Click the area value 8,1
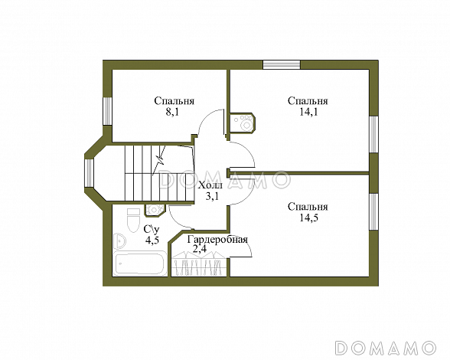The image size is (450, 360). click(x=172, y=112)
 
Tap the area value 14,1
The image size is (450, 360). click(x=308, y=112)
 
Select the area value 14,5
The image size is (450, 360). click(x=308, y=218)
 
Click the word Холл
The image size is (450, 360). click(x=210, y=185)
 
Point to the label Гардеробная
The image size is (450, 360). click(x=217, y=239)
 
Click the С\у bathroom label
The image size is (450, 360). click(x=152, y=229)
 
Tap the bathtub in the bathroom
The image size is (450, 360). click(x=140, y=263)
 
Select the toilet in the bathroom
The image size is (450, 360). click(x=132, y=221)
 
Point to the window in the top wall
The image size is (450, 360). click(x=282, y=64)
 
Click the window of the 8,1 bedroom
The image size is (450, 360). click(x=107, y=111)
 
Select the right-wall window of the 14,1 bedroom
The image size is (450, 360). click(x=373, y=134)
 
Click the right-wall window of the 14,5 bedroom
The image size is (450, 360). click(x=373, y=212)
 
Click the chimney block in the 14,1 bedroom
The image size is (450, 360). click(x=242, y=123)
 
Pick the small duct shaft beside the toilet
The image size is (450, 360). click(x=155, y=210)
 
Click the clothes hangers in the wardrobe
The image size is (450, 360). click(x=199, y=263)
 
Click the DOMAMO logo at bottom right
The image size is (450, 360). click(x=386, y=347)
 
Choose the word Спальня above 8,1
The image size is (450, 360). click(x=174, y=101)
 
